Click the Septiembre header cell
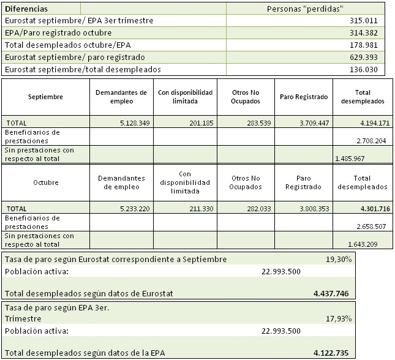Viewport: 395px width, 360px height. (x=45, y=97)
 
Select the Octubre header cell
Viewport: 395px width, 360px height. (x=45, y=182)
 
